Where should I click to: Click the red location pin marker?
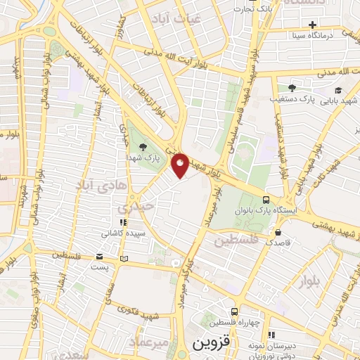pos(180,166)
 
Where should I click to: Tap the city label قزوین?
pos(210,345)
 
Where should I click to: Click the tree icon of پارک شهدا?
pos(144,147)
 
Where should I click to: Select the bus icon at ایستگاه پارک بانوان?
pos(266,200)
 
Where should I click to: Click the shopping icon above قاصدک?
pos(279,232)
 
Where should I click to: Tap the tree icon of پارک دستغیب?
pos(292,88)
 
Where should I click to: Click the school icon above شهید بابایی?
pos(338,90)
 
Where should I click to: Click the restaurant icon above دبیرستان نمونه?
pos(271,334)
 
